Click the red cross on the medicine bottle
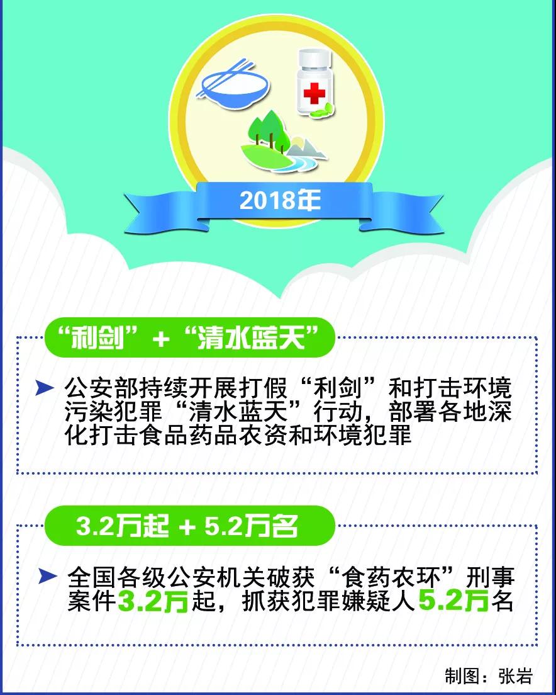pos(314,94)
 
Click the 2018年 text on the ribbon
pos(280,200)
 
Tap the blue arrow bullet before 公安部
pos(45,388)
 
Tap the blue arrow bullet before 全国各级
pos(47,576)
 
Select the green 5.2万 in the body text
pos(453,601)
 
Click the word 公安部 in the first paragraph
pos(102,388)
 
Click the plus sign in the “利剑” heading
pos(160,339)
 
